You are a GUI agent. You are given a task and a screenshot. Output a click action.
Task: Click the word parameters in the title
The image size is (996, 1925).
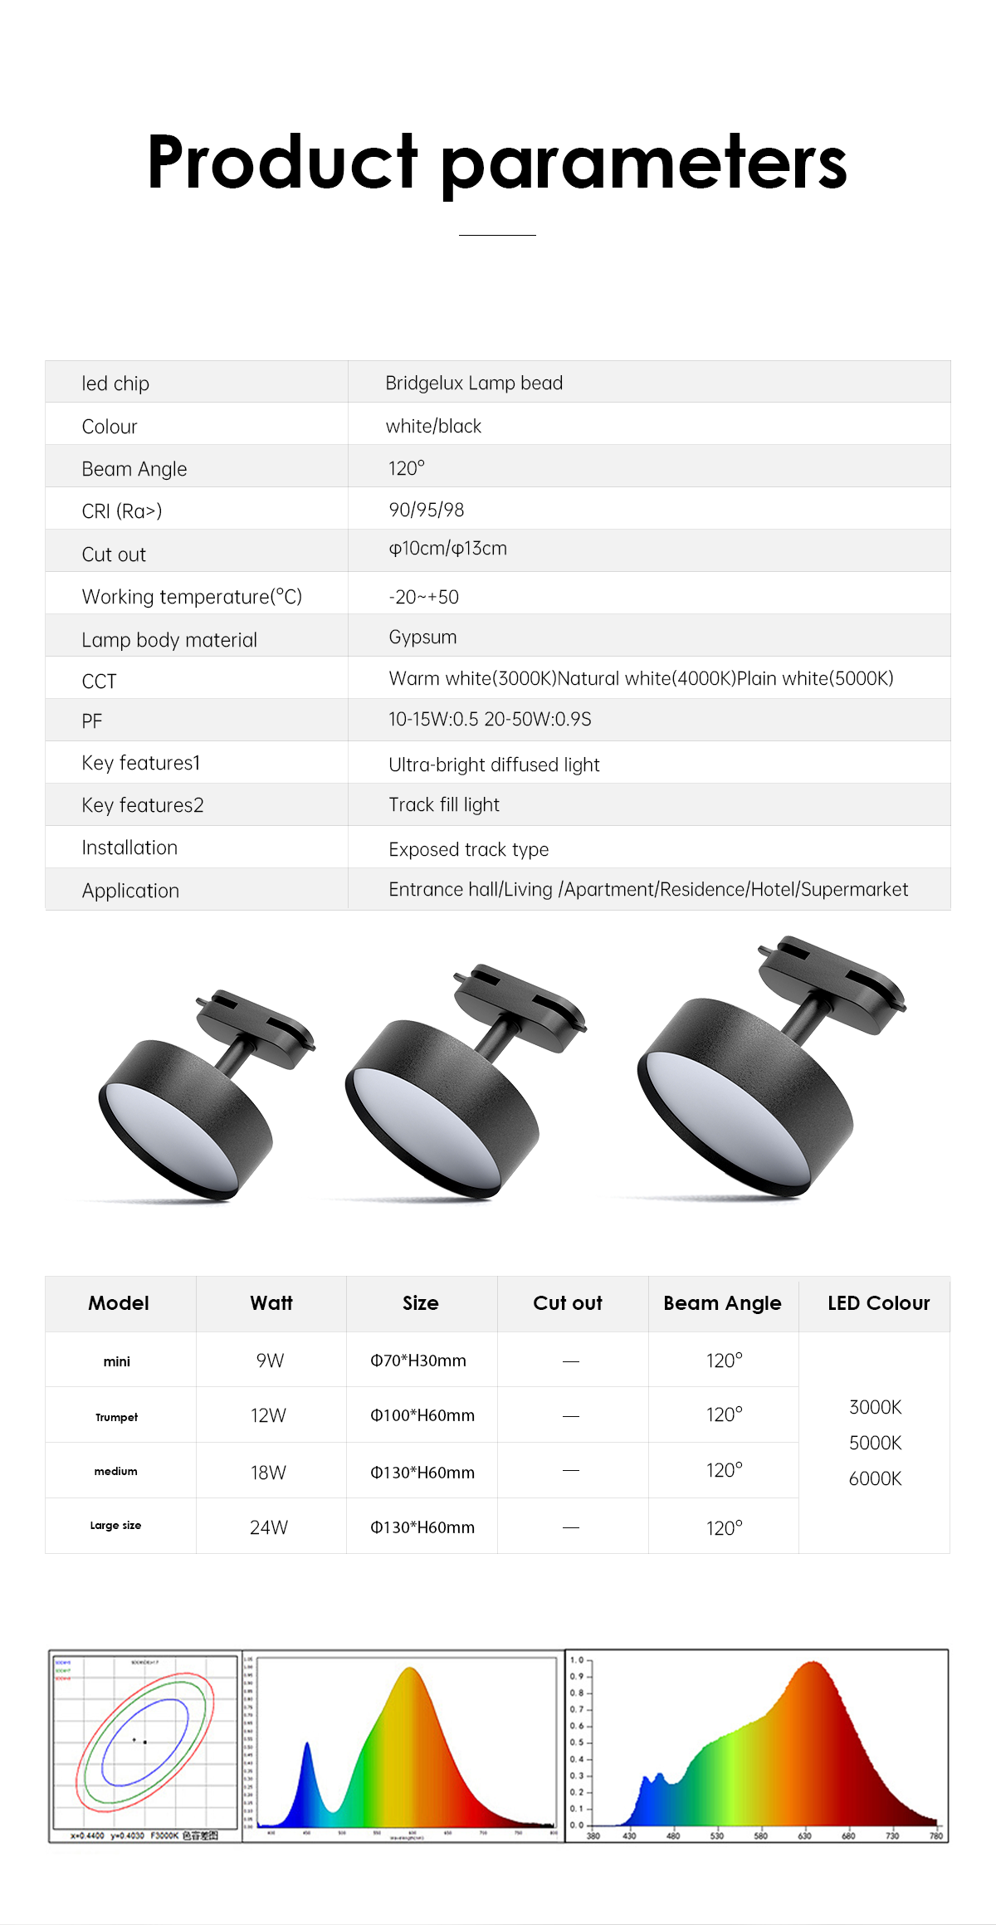coord(643,164)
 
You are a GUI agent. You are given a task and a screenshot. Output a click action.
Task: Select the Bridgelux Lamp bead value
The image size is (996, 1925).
coord(474,383)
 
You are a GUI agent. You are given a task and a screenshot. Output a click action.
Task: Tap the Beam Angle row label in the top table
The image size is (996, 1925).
coord(134,469)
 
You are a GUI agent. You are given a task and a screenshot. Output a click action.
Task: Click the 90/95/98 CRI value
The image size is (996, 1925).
coord(427,510)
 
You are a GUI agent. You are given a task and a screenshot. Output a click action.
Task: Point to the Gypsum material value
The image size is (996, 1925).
coord(422,638)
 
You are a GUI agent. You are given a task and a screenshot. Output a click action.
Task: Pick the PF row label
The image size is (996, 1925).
coord(92,721)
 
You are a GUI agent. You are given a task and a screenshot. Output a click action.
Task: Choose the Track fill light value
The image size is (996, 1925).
coord(444,805)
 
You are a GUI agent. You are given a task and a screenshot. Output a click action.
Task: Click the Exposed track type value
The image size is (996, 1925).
coord(468,849)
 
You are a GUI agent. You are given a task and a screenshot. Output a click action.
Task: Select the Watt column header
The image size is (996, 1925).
coord(271,1303)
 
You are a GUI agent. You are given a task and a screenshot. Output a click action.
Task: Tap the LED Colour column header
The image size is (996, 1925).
coord(878,1303)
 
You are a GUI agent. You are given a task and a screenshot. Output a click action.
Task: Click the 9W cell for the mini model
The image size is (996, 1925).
coord(270,1361)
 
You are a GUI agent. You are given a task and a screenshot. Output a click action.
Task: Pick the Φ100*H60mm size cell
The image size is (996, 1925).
coord(422,1415)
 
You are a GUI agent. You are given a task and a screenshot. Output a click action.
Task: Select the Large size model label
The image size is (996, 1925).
coord(115,1526)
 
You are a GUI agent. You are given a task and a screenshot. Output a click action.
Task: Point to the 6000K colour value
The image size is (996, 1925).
coord(875,1478)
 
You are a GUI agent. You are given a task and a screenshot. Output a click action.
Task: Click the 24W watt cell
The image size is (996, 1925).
coord(269,1527)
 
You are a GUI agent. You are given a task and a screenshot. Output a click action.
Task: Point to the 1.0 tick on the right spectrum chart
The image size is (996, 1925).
coord(578,1660)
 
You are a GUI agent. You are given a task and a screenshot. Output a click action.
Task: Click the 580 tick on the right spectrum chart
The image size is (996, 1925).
coord(760,1835)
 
